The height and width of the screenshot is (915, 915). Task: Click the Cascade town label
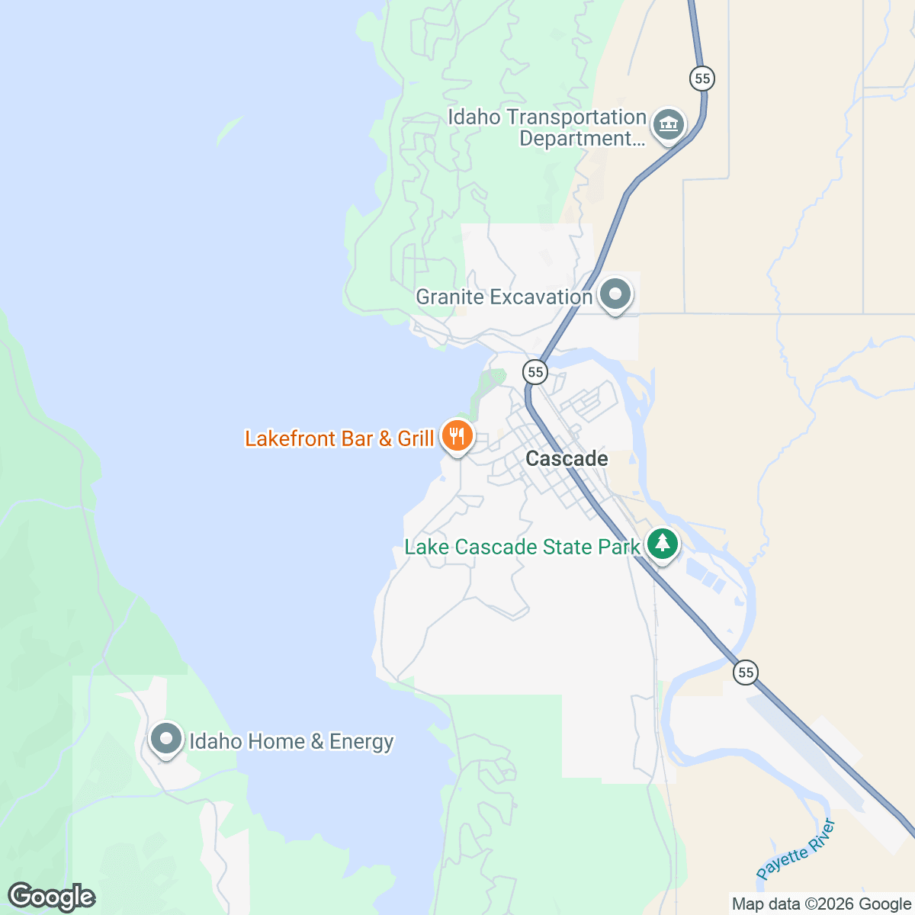pos(567,458)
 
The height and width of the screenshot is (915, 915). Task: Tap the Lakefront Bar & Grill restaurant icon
pos(457,436)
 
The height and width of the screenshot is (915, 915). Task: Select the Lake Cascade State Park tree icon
pos(663,544)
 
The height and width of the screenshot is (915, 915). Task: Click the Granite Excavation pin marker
pos(615,294)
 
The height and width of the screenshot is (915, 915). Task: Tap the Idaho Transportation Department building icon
pos(669,123)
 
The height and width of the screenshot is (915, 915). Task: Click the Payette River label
pos(796,849)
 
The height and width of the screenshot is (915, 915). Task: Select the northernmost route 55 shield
pos(702,78)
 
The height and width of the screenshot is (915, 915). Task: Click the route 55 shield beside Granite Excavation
pos(535,372)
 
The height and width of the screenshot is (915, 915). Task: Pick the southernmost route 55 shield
pos(746,673)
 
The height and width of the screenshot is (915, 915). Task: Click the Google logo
pos(51,897)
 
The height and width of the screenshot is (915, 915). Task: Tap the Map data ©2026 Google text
pos(821,904)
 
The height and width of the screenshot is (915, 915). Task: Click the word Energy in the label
pos(361,741)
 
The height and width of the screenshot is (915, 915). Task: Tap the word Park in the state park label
pos(621,547)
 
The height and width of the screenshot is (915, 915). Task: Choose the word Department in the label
pos(576,139)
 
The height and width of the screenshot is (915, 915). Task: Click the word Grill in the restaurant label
pos(416,438)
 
